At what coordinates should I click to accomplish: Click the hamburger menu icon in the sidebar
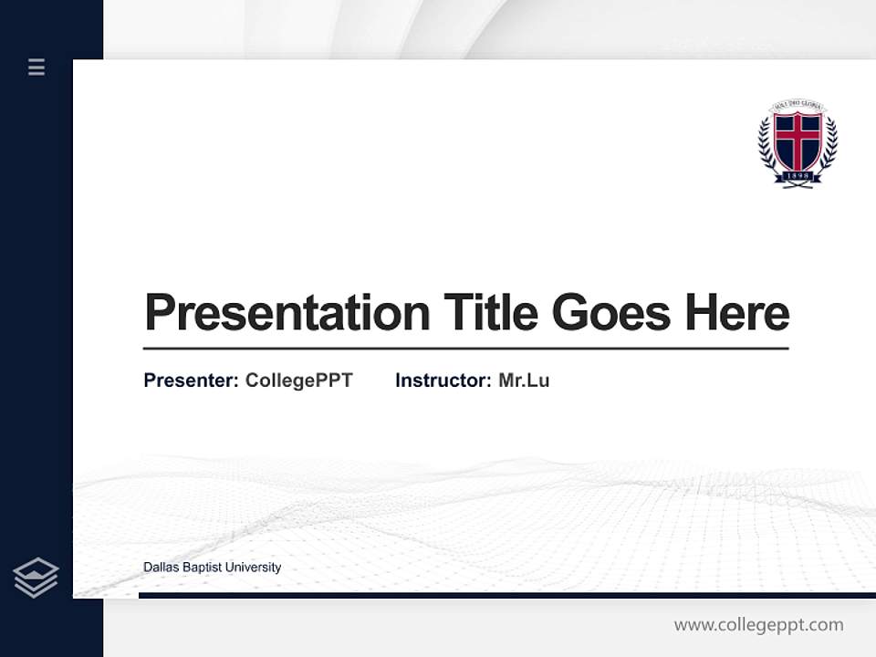click(36, 67)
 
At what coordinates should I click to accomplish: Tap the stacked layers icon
click(36, 578)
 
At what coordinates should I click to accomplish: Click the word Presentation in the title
click(287, 313)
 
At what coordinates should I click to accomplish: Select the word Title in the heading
click(491, 313)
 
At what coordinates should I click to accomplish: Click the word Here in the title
click(737, 313)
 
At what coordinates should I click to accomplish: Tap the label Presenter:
click(191, 381)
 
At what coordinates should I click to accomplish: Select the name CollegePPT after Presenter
click(298, 381)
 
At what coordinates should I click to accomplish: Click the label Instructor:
click(443, 381)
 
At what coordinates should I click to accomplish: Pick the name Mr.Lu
click(524, 381)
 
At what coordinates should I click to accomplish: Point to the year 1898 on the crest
click(798, 176)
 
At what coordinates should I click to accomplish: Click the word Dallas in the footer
click(161, 568)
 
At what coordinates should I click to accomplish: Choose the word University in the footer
click(253, 568)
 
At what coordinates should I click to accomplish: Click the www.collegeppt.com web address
click(758, 625)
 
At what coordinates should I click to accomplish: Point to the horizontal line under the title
click(465, 348)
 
